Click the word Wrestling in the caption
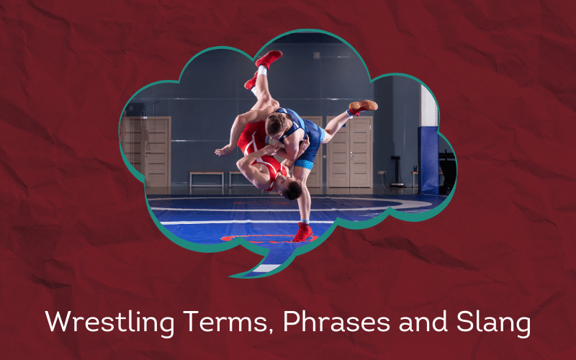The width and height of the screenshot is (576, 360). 109,323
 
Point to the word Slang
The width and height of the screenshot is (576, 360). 493,323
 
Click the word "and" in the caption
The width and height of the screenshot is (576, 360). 423,321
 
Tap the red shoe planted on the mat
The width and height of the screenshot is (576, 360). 302,232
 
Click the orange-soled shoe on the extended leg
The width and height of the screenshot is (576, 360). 363,107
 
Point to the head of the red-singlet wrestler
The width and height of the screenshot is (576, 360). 290,187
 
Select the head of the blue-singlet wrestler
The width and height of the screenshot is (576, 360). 276,123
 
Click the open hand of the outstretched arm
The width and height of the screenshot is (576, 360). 224,150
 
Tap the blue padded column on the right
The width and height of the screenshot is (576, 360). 428,160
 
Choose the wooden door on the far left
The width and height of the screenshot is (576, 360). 157,153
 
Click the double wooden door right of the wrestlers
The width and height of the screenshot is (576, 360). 350,152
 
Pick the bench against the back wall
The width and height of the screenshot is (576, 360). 207,179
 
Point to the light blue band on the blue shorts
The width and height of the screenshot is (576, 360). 304,164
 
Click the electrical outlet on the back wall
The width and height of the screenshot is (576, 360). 382,172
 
